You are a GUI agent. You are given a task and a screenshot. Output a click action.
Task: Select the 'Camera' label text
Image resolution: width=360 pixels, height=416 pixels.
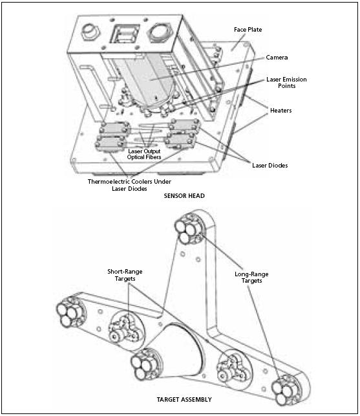(279, 58)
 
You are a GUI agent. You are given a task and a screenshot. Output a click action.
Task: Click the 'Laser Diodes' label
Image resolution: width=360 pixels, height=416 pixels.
(270, 166)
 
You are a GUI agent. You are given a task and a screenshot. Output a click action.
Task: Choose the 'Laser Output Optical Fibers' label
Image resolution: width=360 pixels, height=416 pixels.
(149, 154)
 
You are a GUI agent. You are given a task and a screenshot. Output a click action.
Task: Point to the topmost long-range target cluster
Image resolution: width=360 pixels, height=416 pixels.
(188, 230)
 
